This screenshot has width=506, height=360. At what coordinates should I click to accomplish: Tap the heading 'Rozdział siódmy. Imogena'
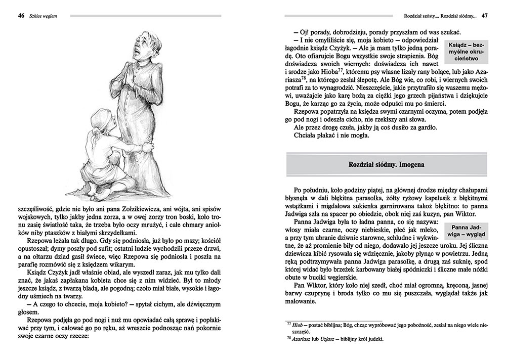386,165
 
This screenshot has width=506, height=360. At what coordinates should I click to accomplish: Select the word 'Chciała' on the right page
305,135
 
